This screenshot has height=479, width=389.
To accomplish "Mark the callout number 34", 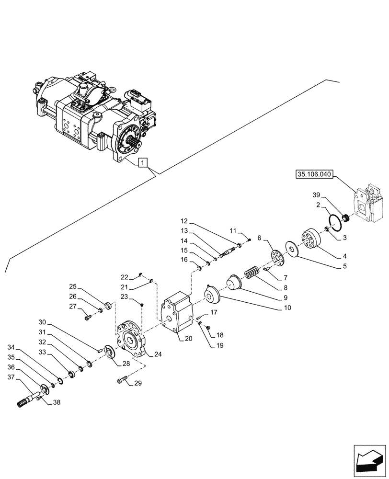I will click(x=11, y=347).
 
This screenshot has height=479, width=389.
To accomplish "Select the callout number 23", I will click(x=124, y=297).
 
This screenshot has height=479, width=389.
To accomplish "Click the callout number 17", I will click(x=214, y=312).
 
